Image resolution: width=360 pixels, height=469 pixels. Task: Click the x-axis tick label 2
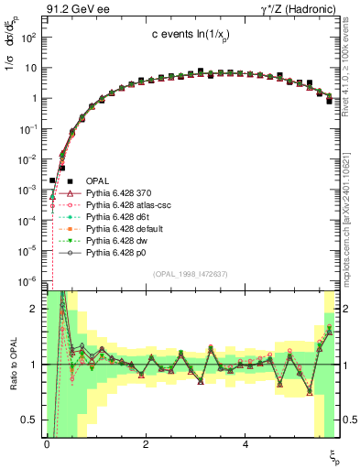point(146,443)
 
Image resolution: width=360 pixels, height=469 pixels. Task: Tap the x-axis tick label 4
point(245,443)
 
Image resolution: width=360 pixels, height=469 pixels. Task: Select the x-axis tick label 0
point(47,443)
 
